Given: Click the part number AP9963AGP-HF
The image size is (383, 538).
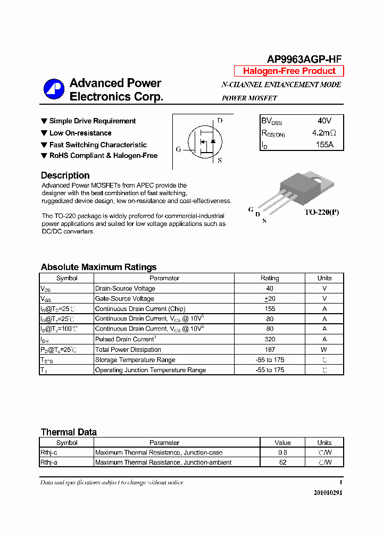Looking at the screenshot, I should coord(304,60).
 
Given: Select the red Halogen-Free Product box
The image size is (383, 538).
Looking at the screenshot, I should coord(289,71).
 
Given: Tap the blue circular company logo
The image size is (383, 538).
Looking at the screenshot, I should coord(54,89).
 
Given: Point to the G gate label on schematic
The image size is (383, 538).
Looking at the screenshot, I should coord(179,149).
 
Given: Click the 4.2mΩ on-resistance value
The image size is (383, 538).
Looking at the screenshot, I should coord(324,133).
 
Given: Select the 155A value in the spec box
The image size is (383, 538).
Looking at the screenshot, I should coord(324,145).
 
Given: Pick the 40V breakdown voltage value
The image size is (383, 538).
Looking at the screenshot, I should coord(324,121).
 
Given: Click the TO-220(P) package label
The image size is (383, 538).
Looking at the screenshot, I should coord(321,212).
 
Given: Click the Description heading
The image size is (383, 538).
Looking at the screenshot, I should coord(65,175).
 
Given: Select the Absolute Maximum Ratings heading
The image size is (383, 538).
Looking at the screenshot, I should coord(98,267).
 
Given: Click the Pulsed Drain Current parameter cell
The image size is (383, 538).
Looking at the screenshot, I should coord(125,339).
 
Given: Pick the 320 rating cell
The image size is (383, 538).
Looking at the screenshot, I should coord(270,339).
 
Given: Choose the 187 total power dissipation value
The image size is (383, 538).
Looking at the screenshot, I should coord(270,349).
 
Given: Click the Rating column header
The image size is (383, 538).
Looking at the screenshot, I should coord(270,278).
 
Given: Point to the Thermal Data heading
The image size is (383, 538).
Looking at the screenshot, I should coord(69,432).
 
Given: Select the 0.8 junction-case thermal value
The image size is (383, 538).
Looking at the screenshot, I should coord(282,452).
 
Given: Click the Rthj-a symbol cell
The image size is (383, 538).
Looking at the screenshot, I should coord(49,463).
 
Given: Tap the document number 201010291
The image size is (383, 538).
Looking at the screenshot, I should coord(328,493).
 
